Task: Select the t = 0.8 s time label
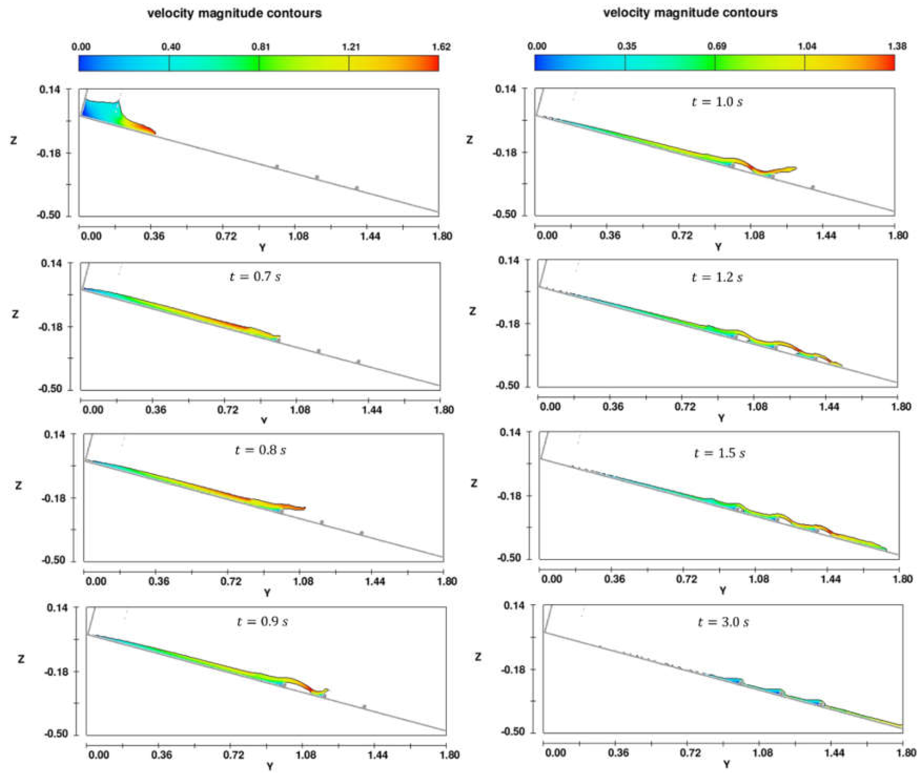pos(260,450)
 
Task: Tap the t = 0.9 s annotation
pos(262,621)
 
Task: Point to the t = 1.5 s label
pos(719,453)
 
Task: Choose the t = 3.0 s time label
pos(723,622)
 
